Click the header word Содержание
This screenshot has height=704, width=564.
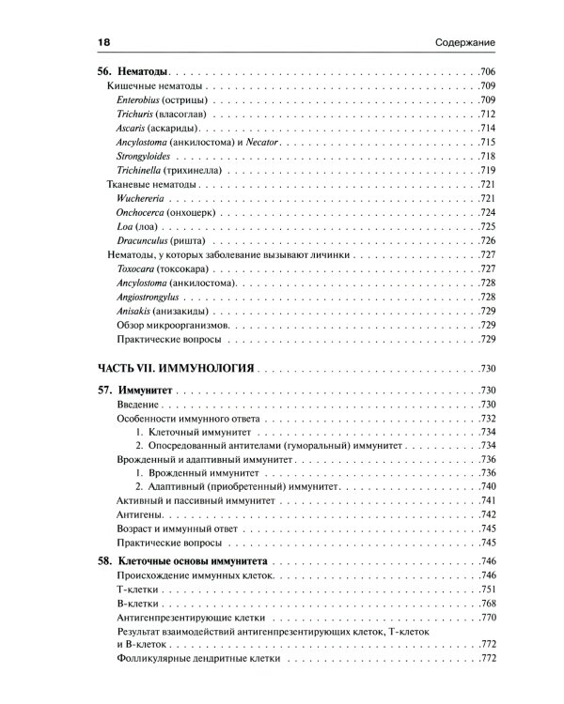tap(465, 43)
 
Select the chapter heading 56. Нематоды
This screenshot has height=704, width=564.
tap(133, 72)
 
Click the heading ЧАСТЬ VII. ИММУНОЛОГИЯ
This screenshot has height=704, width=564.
tap(176, 368)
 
